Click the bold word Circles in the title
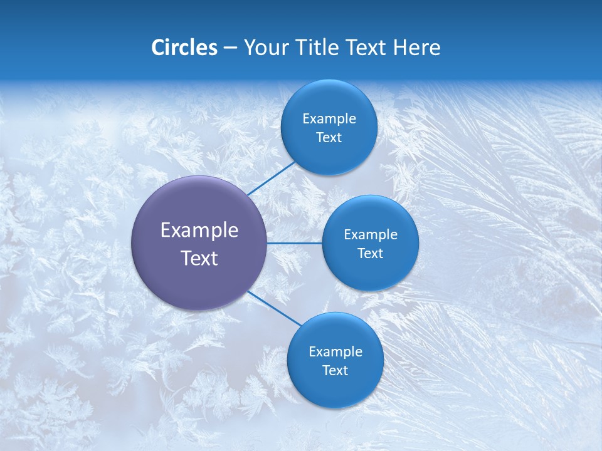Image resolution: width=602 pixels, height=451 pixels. tap(184, 48)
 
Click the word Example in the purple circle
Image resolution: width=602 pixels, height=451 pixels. tap(199, 231)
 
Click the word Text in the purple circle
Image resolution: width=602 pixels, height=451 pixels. tap(199, 258)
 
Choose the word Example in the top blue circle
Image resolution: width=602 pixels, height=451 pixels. tap(329, 119)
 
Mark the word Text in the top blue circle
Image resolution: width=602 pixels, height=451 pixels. tap(329, 138)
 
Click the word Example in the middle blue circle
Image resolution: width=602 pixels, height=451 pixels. tap(371, 235)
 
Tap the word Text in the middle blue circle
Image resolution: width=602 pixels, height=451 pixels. tap(371, 254)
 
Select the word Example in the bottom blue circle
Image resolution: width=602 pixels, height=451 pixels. tap(335, 352)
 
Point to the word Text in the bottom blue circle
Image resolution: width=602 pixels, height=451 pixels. tap(335, 371)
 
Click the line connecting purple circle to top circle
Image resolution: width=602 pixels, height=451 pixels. tap(272, 178)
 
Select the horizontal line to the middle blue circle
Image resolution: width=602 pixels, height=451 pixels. tap(295, 243)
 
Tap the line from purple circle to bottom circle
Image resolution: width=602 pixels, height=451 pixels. tap(275, 308)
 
